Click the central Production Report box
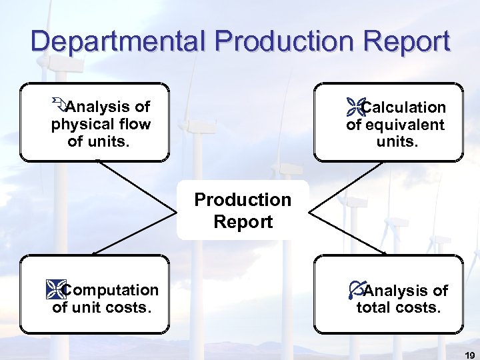coord(243,211)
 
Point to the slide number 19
coord(468,354)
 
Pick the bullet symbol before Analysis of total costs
coord(356,290)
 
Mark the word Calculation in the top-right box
coord(404,107)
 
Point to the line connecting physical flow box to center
coord(140,185)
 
